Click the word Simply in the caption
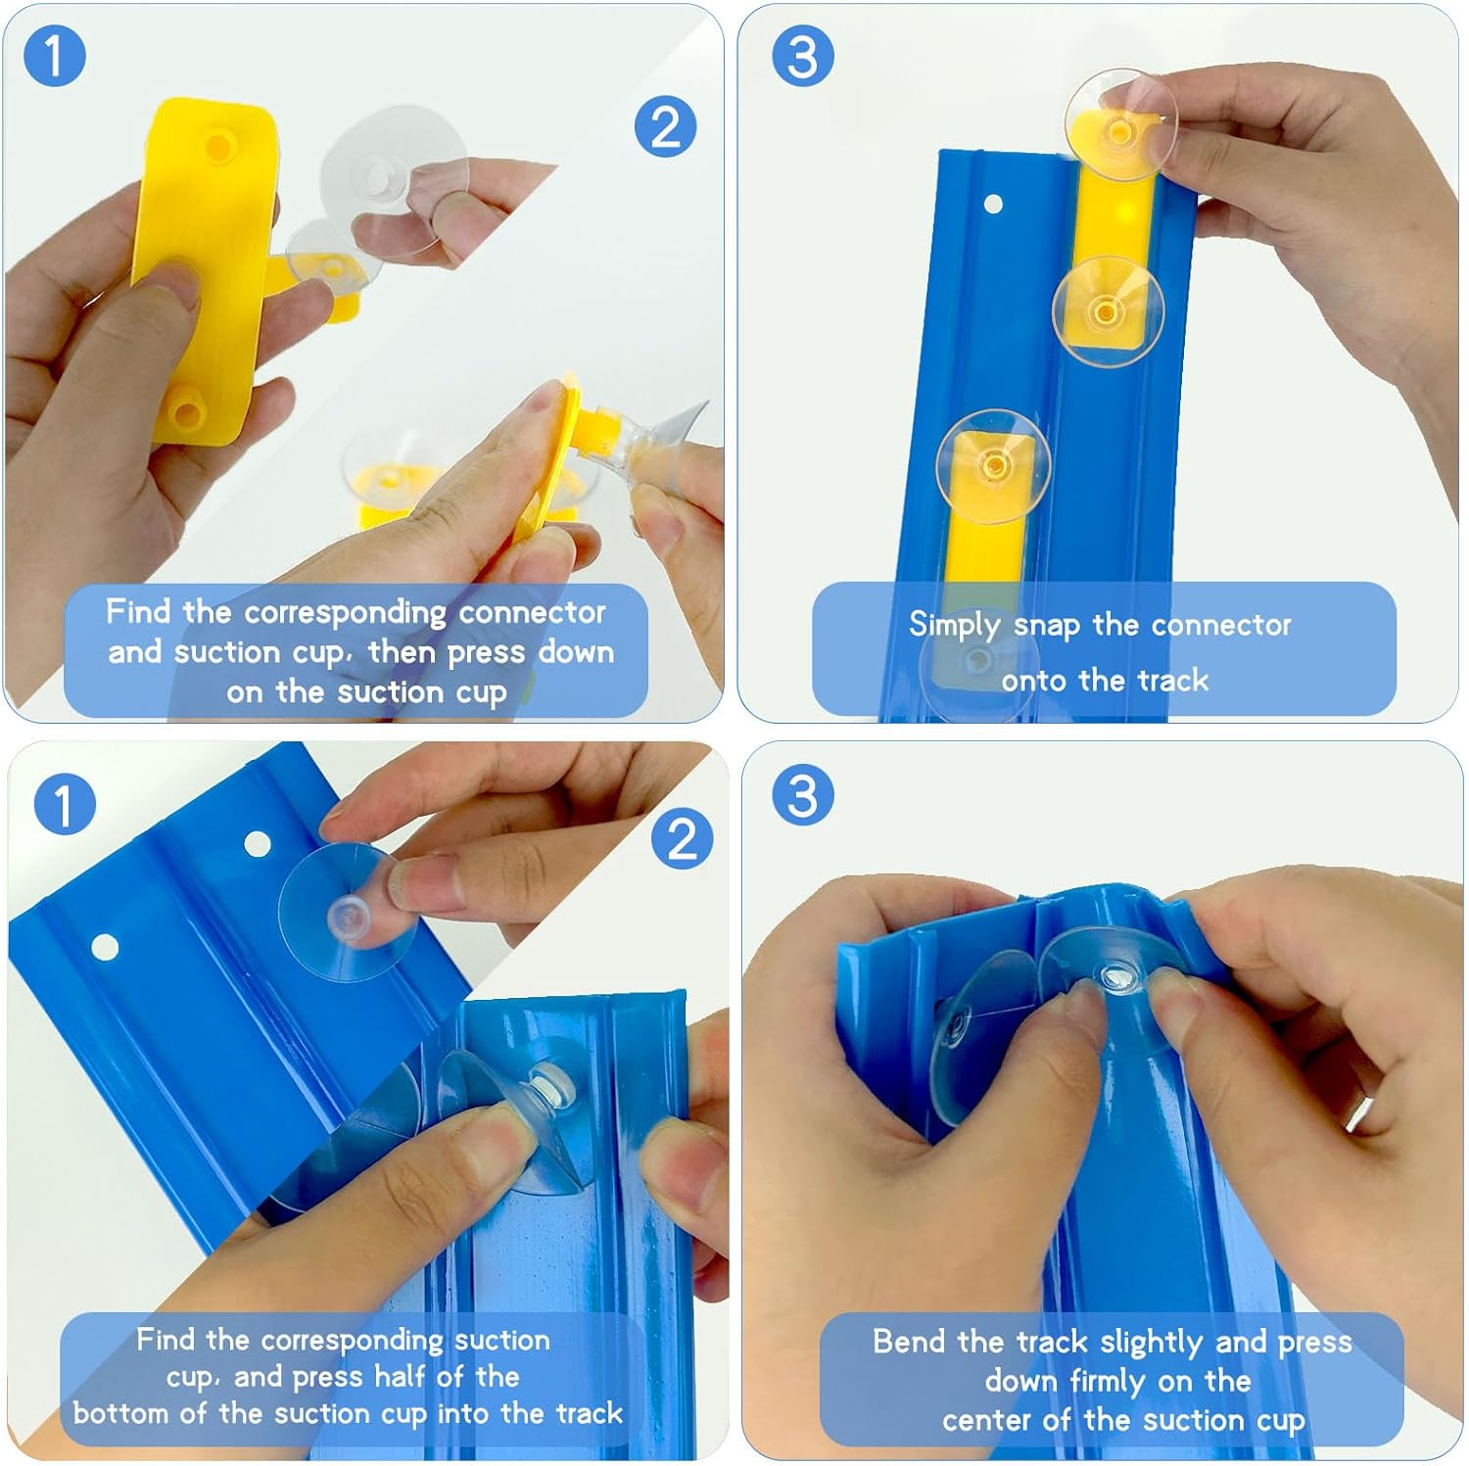point(954,626)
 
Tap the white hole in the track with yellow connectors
point(993,204)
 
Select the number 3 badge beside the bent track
point(803,794)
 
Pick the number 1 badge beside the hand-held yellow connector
point(54,55)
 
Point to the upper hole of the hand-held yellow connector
point(218,147)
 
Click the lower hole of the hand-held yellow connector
point(186,412)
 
